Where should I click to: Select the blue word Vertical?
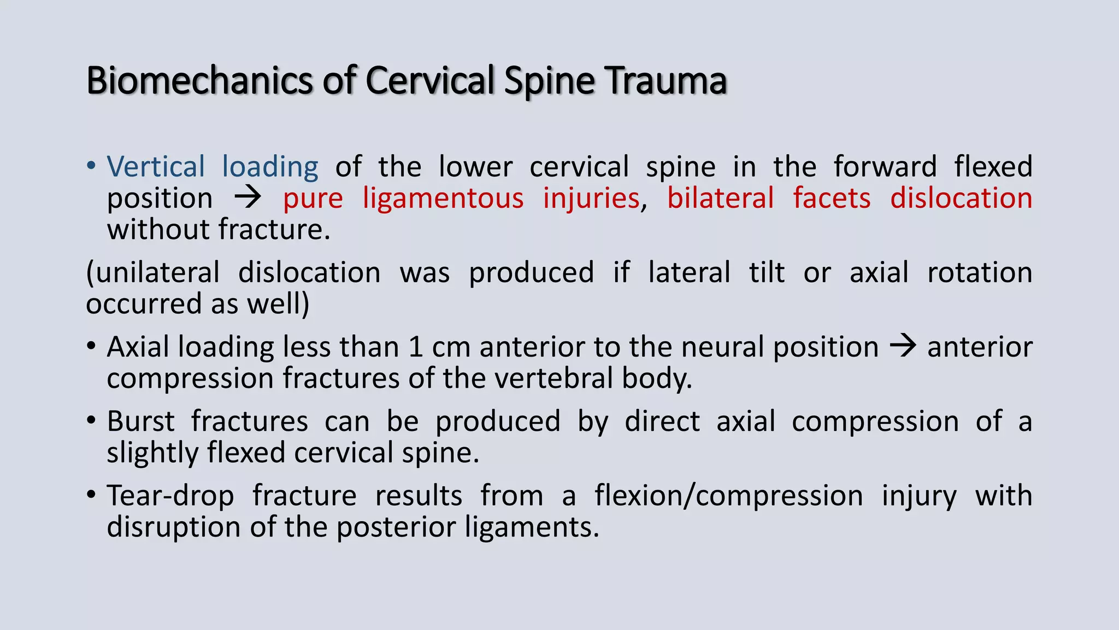156,166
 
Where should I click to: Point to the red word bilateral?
720,198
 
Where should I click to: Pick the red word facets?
832,198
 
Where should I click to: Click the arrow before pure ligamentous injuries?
248,197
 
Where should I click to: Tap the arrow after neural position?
903,346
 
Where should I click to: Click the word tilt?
767,272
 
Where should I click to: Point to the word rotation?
980,272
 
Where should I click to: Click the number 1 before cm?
415,347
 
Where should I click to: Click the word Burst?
140,422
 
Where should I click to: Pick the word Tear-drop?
170,496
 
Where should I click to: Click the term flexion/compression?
729,496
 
